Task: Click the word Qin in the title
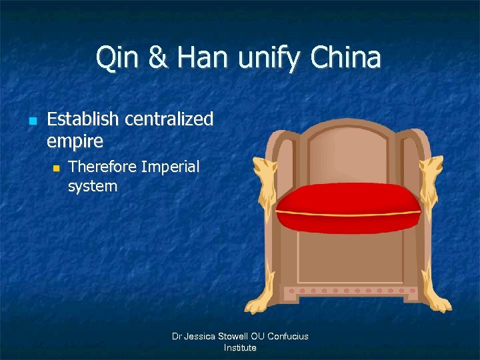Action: (115, 58)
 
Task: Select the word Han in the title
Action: (199, 58)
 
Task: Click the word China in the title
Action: (345, 58)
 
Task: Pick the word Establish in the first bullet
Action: (83, 120)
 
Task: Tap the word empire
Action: (75, 141)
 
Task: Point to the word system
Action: (92, 186)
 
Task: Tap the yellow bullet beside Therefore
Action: (57, 168)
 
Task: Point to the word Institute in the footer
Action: (240, 347)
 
